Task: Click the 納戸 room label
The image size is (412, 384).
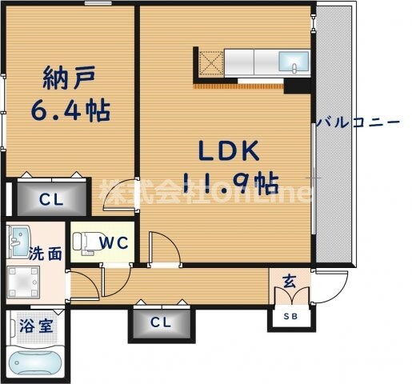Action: (70, 80)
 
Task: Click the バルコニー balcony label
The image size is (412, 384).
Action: (357, 123)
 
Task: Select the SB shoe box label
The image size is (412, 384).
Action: (289, 317)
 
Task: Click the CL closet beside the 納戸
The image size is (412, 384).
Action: (48, 198)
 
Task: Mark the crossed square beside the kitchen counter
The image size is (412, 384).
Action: (209, 62)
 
